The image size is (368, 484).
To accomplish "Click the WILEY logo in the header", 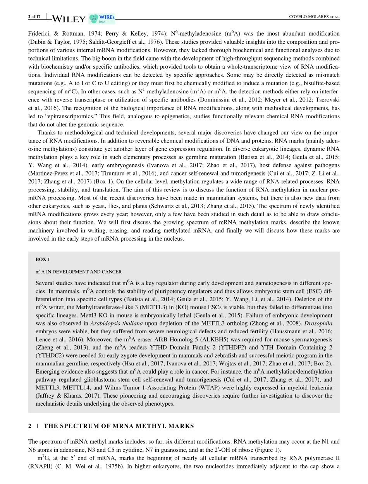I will [x=68, y=19].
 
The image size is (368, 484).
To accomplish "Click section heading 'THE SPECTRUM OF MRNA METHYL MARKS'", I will [x=119, y=426].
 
